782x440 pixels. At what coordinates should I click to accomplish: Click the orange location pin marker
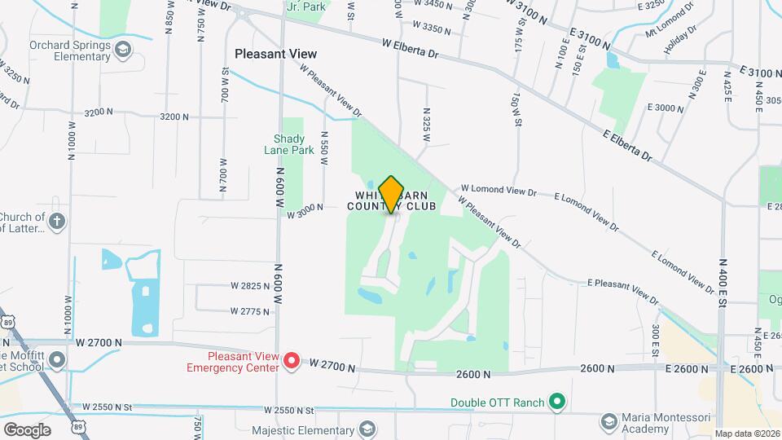click(392, 195)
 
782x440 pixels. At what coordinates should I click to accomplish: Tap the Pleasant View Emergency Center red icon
click(292, 361)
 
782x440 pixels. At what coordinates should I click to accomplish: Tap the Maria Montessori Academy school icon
click(608, 421)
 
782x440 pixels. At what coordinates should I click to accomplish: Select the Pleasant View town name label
click(275, 54)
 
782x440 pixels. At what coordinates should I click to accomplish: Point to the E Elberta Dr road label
click(628, 143)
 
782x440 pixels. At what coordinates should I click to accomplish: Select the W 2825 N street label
click(250, 286)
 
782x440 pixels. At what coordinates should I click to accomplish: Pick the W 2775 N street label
click(250, 311)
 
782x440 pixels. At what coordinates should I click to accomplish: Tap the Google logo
click(28, 429)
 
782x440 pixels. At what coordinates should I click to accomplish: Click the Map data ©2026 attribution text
click(747, 433)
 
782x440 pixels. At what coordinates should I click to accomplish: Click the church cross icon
click(56, 222)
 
